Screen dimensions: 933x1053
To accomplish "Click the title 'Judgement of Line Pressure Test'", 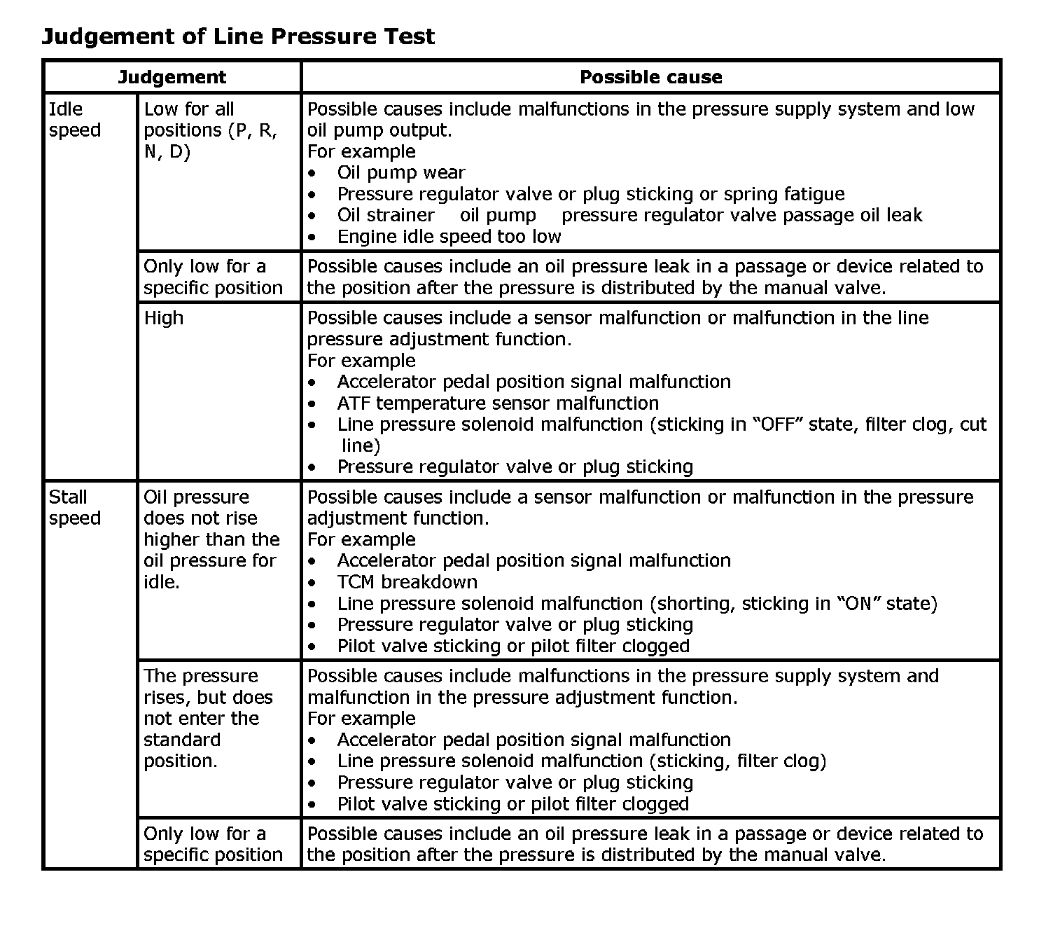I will pyautogui.click(x=238, y=36).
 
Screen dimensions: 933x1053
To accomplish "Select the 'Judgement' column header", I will pyautogui.click(x=172, y=77).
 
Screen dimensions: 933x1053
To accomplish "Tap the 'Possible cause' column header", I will pyautogui.click(x=650, y=77).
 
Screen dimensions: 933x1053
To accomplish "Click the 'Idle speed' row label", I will pyautogui.click(x=75, y=120).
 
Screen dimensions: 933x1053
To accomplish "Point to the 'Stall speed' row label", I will pyautogui.click(x=75, y=508).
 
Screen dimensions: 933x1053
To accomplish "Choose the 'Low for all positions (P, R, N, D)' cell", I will pyautogui.click(x=210, y=130).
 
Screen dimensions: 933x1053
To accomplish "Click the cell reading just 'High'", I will pyautogui.click(x=163, y=318).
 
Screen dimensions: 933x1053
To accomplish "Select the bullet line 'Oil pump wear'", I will pyautogui.click(x=400, y=173).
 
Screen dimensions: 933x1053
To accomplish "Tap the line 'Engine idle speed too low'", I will pyautogui.click(x=449, y=237).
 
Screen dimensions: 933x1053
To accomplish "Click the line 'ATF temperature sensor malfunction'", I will pyautogui.click(x=498, y=403).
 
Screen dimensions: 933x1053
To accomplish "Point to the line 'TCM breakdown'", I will pyautogui.click(x=407, y=582).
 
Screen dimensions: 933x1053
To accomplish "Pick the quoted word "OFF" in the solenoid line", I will pyautogui.click(x=776, y=424).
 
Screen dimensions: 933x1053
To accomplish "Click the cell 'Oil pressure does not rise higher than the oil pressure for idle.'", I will pyautogui.click(x=211, y=539).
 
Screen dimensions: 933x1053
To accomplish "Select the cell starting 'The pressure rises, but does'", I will pyautogui.click(x=208, y=719).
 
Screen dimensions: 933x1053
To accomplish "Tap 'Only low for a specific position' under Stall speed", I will pyautogui.click(x=213, y=844).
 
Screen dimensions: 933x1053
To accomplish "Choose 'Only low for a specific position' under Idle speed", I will pyautogui.click(x=213, y=277).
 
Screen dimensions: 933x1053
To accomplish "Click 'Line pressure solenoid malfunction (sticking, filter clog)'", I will pyautogui.click(x=581, y=761).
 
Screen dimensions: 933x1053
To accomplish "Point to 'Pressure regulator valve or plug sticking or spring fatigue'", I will pyautogui.click(x=590, y=194).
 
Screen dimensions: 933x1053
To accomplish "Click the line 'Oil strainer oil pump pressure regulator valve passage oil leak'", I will pyautogui.click(x=629, y=215).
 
